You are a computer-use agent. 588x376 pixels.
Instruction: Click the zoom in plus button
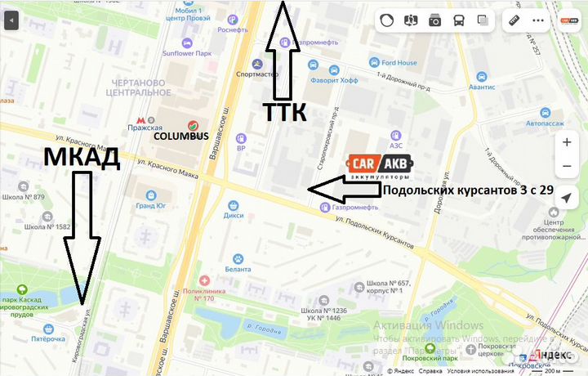pos(568,142)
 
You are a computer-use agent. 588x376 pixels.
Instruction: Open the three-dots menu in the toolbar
pos(538,20)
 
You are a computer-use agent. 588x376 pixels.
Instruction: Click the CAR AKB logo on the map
pos(380,166)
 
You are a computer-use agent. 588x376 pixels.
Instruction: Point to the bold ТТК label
pos(285,112)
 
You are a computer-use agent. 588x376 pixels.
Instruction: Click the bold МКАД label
pos(82,157)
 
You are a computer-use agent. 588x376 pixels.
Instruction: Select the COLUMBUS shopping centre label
pos(182,136)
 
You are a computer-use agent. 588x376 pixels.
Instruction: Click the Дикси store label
pos(234,216)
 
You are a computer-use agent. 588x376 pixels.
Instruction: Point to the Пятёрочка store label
pos(47,338)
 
